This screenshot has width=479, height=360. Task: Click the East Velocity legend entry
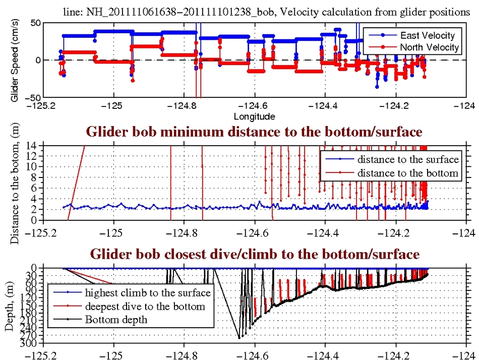[427, 35]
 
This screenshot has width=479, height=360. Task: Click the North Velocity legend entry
[429, 47]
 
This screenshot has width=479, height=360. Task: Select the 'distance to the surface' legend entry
[408, 160]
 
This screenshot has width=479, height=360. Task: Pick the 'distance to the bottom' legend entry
[408, 173]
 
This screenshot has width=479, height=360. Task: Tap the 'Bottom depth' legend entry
[116, 319]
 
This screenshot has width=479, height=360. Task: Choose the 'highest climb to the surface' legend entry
[147, 292]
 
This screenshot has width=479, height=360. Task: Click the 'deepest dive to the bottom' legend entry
[145, 306]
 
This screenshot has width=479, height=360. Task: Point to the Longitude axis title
[254, 116]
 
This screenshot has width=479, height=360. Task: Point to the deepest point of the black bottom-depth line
[239, 338]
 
